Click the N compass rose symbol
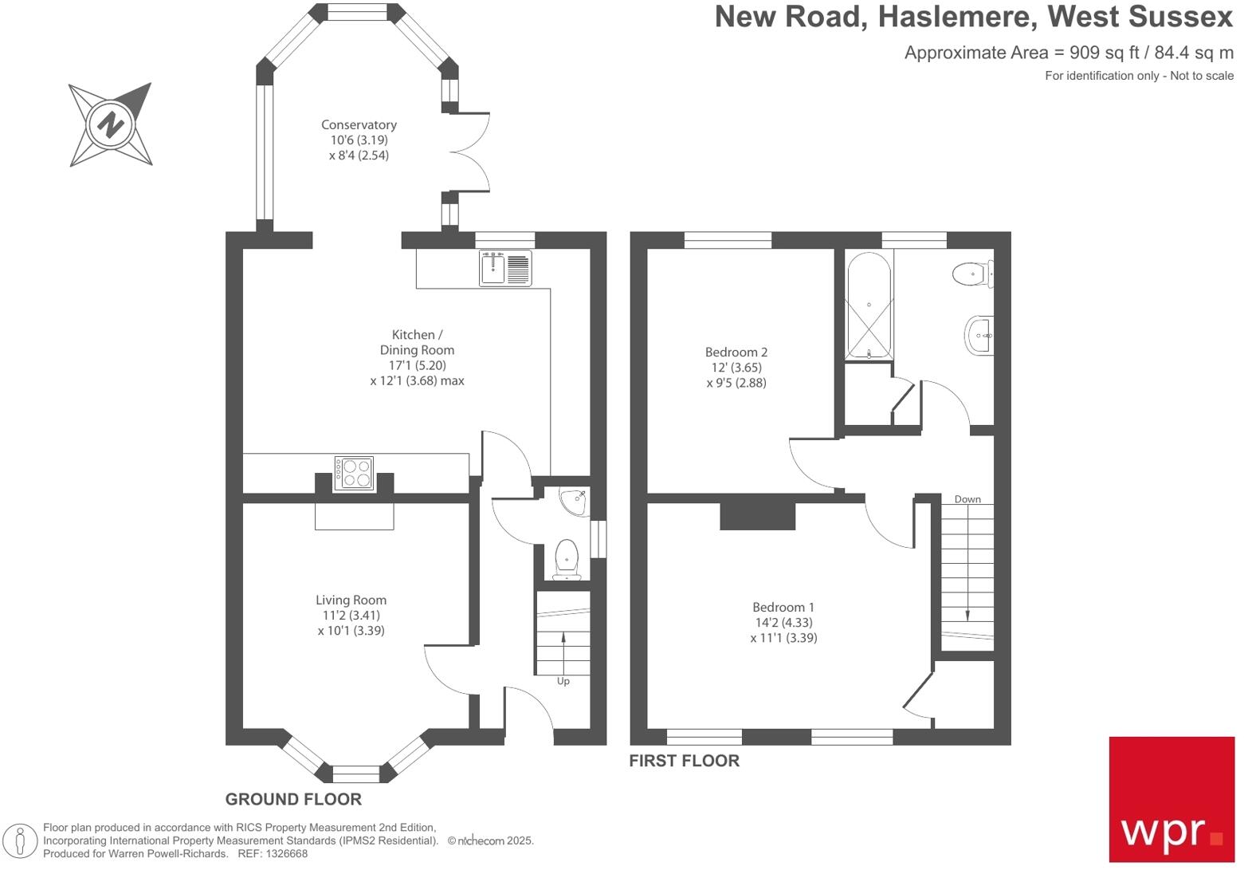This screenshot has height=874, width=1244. (x=111, y=124)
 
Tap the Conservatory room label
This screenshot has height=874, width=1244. (x=359, y=125)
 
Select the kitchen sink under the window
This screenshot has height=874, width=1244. (x=505, y=268)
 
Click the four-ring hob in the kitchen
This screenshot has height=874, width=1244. (x=355, y=474)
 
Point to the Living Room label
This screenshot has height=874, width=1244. (x=351, y=600)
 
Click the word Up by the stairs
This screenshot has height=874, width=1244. (x=563, y=682)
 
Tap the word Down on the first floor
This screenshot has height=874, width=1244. (x=967, y=499)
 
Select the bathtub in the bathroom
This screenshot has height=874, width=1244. (x=869, y=305)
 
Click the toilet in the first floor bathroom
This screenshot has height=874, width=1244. (x=973, y=274)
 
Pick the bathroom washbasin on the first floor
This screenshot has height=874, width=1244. (x=979, y=335)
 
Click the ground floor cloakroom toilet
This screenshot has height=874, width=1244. (x=567, y=560)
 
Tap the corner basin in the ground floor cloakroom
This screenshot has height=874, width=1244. (x=575, y=501)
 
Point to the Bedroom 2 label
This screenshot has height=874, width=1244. (x=736, y=352)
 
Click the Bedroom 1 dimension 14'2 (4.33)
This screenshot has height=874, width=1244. (x=783, y=623)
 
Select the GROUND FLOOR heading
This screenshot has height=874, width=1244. (x=293, y=800)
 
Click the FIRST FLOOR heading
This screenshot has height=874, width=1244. (x=685, y=761)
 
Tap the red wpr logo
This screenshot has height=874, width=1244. (x=1171, y=800)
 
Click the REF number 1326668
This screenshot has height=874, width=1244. (x=286, y=854)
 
